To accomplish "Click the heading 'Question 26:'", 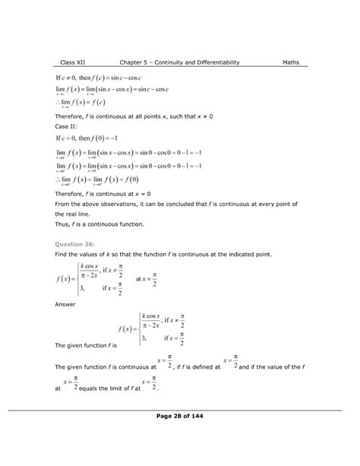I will (80, 244).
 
